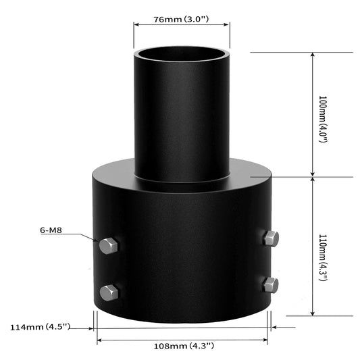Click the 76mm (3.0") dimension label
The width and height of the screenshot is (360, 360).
click(x=182, y=19)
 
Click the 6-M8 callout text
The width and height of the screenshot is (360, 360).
click(x=52, y=230)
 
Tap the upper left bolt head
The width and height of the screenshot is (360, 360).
click(x=109, y=246)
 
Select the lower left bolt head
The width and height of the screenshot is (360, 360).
click(x=109, y=292)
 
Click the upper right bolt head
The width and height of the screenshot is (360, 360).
click(x=271, y=238)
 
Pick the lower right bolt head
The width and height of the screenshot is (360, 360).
click(x=271, y=284)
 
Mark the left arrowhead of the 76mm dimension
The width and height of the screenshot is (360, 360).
click(x=137, y=25)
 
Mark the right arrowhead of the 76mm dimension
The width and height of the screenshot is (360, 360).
click(x=226, y=25)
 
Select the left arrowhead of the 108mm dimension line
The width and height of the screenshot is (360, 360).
click(x=100, y=341)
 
